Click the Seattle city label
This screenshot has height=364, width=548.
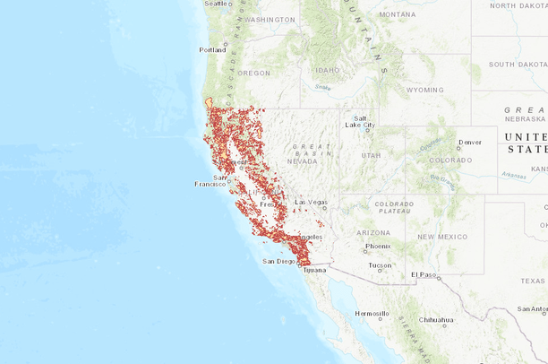[216, 4]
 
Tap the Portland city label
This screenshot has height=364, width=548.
[213, 49]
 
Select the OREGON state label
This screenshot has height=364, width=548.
[253, 73]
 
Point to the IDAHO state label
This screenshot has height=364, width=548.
[327, 70]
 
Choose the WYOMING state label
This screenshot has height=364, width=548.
[424, 90]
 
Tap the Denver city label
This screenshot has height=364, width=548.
[469, 142]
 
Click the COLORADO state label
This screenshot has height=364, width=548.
[450, 160]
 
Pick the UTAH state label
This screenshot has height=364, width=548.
[371, 155]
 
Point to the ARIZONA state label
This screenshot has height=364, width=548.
[373, 232]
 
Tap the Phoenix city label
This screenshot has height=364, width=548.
[378, 246]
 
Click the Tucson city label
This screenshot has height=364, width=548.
[380, 264]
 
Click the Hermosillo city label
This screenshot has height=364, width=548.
[372, 314]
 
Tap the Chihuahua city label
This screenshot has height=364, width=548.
[438, 319]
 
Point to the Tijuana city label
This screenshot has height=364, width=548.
[315, 269]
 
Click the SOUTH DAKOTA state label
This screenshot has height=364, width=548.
[518, 65]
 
